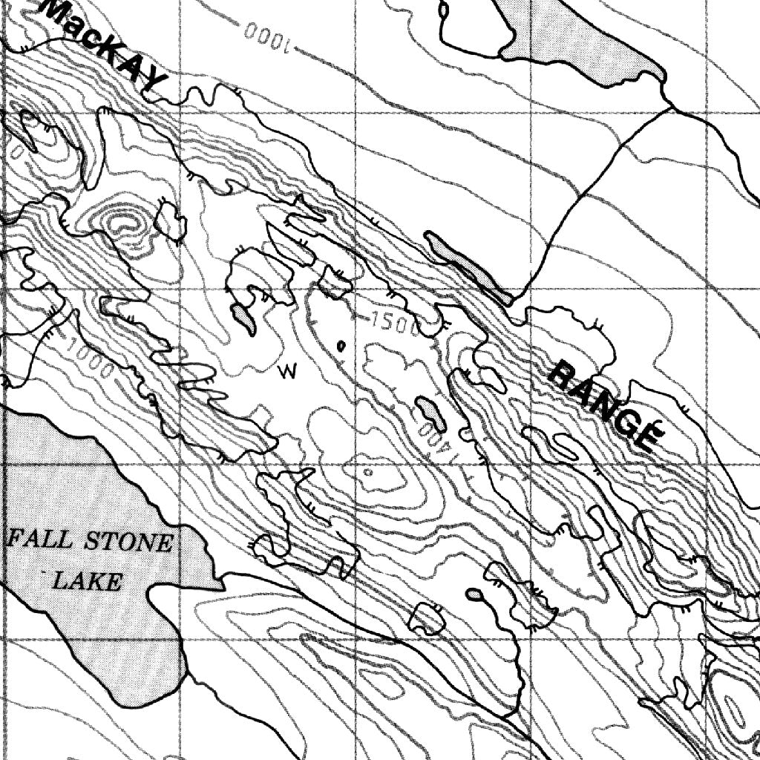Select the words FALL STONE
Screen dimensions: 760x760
point(89,541)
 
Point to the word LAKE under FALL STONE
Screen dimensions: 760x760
point(88,580)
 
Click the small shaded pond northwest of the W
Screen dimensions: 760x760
point(244,318)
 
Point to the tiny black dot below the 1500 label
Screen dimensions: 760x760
point(341,345)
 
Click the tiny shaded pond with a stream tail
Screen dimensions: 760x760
point(474,594)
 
